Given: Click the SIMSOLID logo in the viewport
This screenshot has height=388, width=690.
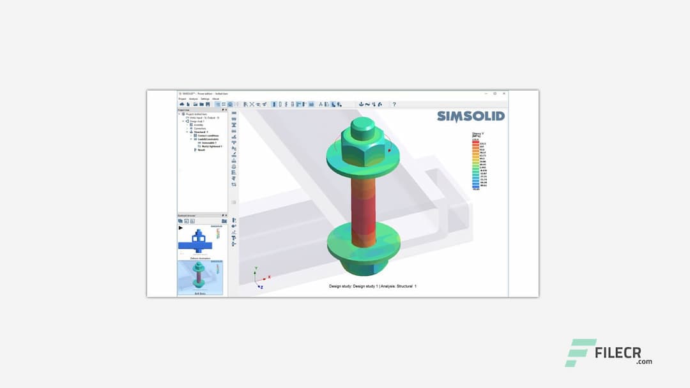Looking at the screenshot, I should [x=470, y=116].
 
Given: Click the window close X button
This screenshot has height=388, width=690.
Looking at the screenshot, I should [x=503, y=93].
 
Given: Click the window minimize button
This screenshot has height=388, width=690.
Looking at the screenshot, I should [x=484, y=93].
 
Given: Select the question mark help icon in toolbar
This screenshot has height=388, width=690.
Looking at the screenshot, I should [x=394, y=104].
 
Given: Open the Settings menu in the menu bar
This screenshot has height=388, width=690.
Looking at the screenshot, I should [x=204, y=99].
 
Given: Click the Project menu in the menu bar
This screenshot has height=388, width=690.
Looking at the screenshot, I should [x=182, y=99].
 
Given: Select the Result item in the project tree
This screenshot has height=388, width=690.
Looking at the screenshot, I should [x=202, y=150].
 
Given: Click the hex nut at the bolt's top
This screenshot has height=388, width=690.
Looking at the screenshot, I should [x=361, y=147].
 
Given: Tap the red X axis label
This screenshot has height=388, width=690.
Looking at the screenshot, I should [x=270, y=277].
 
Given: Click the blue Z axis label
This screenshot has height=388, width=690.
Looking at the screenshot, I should [x=262, y=288].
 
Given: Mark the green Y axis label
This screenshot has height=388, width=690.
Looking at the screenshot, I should [x=256, y=269].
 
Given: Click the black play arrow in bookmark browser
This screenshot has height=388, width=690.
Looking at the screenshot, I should [x=180, y=228].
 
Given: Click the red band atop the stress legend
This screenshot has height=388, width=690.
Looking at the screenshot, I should [x=475, y=143].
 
